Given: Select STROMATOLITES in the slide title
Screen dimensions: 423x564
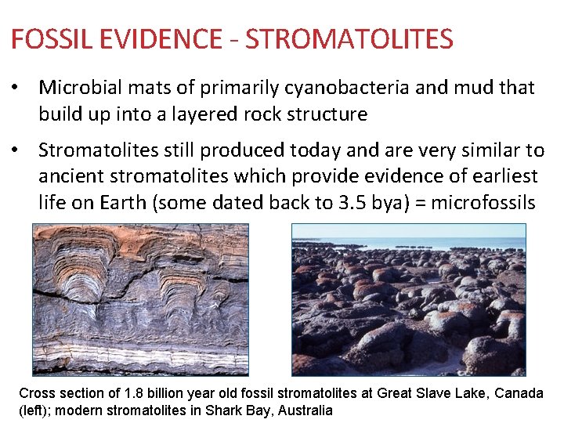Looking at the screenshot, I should coord(349,38).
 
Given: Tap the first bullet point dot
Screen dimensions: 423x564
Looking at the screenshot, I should coord(16,88).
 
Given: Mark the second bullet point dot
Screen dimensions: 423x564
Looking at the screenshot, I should coord(16,150).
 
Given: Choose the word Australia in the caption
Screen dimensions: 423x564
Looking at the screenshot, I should coord(304,410).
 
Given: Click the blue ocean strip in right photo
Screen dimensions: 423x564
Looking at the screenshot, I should coord(407,244).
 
